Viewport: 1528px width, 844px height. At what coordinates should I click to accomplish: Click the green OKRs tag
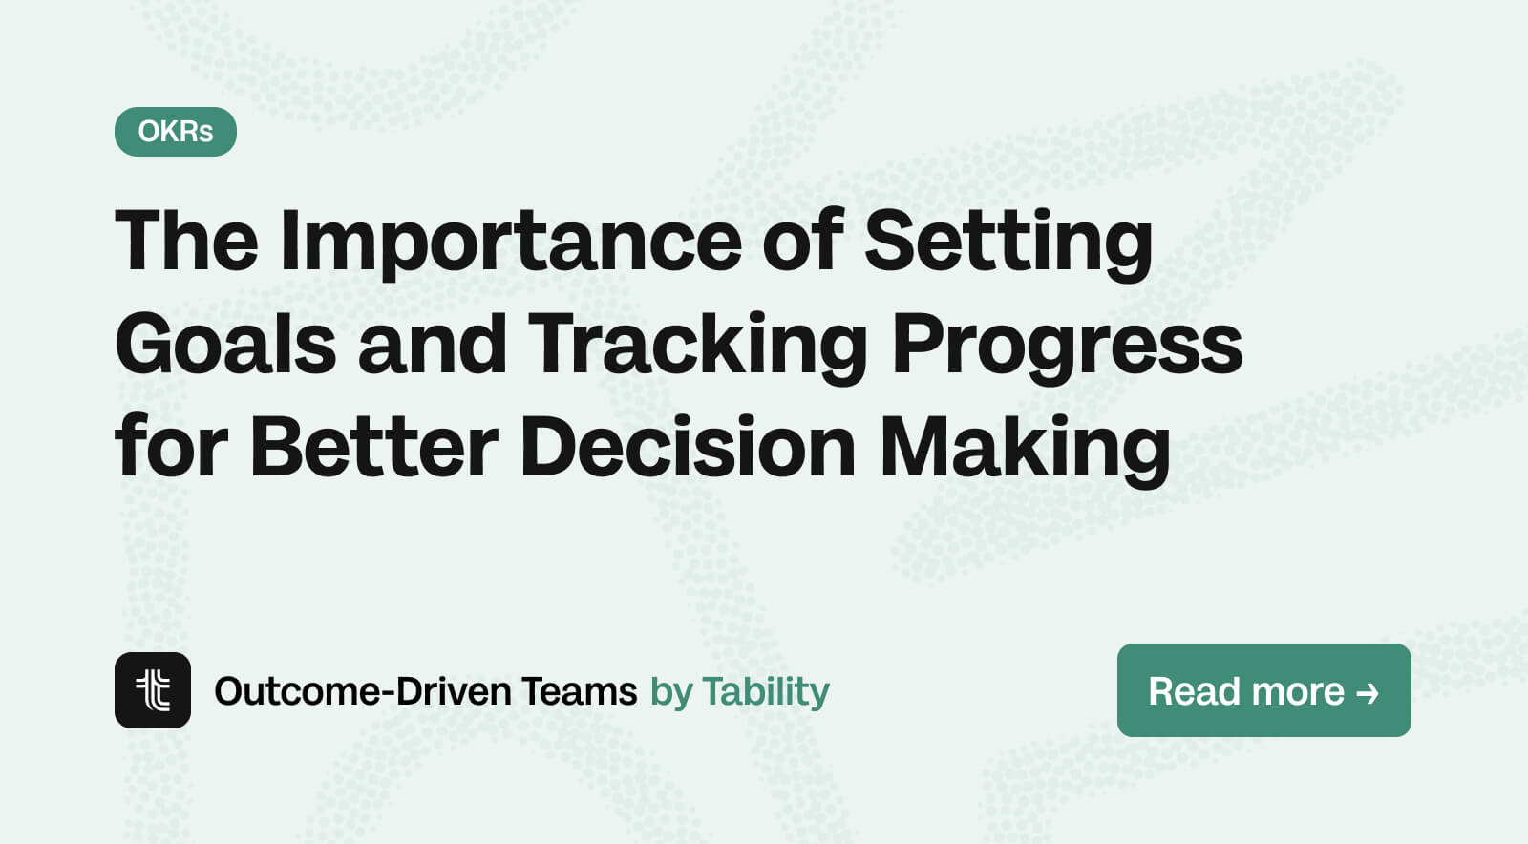pos(176,132)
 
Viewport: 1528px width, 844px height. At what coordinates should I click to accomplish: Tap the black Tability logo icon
pos(153,690)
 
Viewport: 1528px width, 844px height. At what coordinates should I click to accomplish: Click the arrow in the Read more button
pos(1368,692)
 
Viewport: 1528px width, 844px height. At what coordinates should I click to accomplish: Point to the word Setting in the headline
pos(1008,241)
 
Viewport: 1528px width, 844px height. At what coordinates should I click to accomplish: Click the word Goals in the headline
pos(225,344)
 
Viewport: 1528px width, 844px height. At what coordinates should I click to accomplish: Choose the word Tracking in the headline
pos(697,344)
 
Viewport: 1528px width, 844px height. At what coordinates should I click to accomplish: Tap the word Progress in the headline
pos(1067,344)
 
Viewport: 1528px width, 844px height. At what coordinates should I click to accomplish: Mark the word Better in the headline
pos(373,447)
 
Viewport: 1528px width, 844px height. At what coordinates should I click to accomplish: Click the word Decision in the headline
pos(688,447)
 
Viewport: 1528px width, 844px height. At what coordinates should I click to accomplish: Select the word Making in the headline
pos(1024,447)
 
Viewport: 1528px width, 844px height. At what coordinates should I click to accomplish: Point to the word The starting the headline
pos(186,241)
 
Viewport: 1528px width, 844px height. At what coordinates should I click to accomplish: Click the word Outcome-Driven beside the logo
pos(362,691)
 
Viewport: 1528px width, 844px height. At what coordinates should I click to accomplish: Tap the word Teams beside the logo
pos(580,691)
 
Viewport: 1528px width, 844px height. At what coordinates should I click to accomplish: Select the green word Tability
pos(766,691)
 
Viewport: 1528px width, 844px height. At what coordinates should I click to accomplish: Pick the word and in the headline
pos(432,344)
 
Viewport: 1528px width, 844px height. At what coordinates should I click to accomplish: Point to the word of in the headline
pos(802,241)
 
